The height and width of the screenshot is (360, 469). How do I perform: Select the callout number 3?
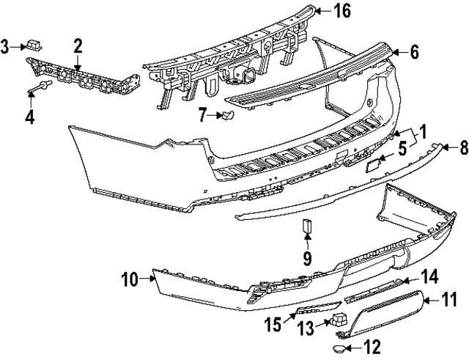click(5, 48)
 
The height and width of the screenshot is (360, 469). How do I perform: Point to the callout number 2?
click(77, 47)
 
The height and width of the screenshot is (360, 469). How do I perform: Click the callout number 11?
click(448, 299)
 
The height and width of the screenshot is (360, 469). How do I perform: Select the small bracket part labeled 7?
click(227, 114)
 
